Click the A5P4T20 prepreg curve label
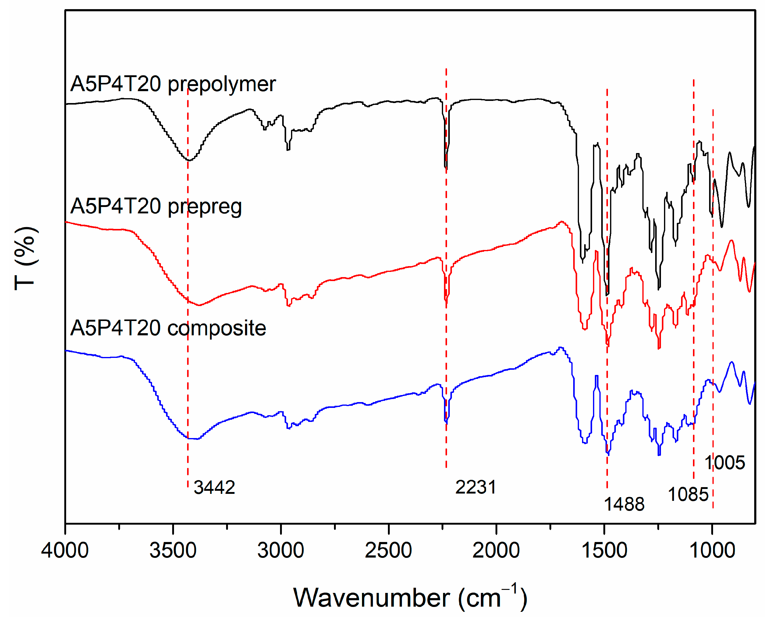point(156,206)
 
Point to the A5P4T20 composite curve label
point(168,328)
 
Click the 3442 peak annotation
point(214,487)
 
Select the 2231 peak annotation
point(476,487)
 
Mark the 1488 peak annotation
point(624,504)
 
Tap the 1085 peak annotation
point(688,494)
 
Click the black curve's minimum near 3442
point(189,160)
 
